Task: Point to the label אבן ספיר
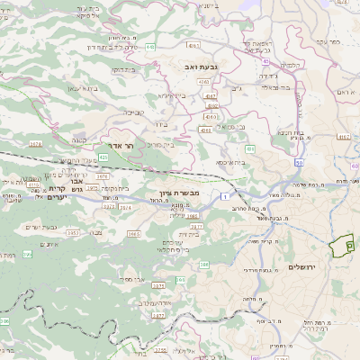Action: [x=131, y=279]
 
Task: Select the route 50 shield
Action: [x=297, y=162]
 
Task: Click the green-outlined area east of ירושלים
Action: [x=342, y=243]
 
